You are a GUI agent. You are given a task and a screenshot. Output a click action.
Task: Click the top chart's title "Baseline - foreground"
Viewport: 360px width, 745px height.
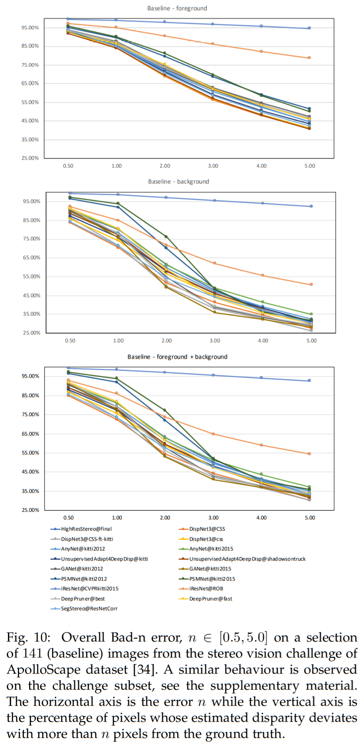point(177,8)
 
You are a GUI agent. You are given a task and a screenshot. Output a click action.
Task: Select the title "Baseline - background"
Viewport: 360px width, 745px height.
point(179,182)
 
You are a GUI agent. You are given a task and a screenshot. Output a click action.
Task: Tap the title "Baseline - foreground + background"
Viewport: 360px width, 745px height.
point(177,357)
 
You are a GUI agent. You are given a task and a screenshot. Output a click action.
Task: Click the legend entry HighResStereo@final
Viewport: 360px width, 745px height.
point(86,529)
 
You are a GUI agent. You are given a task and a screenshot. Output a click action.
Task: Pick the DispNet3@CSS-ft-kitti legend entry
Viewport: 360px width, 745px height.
point(87,539)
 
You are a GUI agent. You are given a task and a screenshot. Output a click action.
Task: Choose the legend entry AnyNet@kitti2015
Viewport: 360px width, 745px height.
point(211,549)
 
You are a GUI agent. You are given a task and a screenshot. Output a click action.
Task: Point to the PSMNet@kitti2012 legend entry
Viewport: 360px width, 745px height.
point(84,579)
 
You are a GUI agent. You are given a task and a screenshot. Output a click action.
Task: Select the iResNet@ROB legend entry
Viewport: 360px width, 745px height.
point(206,589)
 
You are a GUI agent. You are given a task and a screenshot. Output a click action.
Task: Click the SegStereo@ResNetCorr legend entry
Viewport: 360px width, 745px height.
point(89,609)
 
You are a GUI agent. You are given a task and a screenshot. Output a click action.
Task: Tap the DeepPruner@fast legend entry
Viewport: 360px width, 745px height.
point(210,599)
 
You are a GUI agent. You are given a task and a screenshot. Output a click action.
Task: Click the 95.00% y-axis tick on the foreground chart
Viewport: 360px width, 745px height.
point(30,28)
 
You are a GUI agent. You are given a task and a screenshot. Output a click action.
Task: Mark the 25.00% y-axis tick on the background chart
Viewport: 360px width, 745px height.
point(32,333)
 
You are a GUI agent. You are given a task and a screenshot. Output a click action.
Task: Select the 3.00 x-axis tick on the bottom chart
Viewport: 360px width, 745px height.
point(214,518)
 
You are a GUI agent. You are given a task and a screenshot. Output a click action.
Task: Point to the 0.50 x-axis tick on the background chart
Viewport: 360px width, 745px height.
point(70,341)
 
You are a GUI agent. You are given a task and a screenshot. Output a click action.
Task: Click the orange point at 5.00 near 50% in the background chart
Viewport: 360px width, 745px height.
point(311,284)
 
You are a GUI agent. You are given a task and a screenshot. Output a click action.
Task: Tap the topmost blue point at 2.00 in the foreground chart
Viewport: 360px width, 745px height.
point(165,22)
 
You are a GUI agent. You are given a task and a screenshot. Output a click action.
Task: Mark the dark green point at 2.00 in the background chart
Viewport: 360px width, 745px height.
point(166,236)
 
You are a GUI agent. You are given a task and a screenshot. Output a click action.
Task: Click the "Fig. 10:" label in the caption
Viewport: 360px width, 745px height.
point(28,637)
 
